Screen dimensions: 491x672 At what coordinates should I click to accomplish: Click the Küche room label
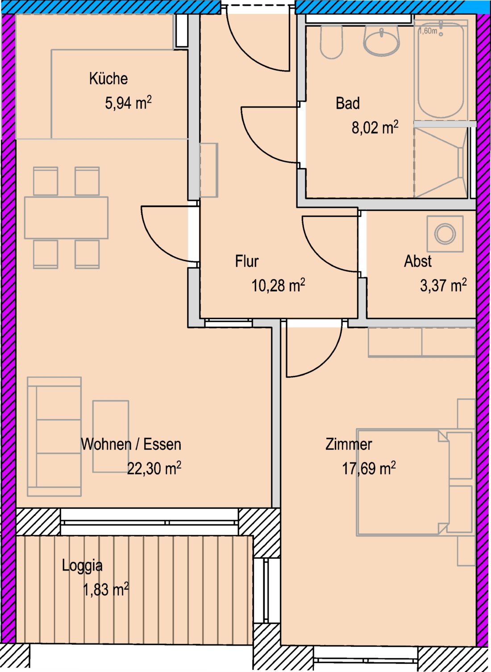[108, 79]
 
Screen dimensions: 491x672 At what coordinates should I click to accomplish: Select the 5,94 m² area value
[128, 103]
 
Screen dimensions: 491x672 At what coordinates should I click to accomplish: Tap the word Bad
[348, 103]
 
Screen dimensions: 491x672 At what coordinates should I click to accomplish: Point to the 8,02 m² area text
[375, 128]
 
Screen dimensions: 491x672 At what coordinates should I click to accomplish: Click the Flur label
[247, 261]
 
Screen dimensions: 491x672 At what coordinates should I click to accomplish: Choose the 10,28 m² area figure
[278, 285]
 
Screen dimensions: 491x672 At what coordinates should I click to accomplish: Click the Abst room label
[418, 261]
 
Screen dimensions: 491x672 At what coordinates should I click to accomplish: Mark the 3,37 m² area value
[443, 285]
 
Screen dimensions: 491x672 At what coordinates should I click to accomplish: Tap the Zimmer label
[349, 444]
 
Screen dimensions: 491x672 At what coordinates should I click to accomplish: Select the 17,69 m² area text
[369, 469]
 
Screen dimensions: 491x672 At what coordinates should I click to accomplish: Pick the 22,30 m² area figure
[154, 469]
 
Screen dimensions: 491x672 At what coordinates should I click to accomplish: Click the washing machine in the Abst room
[445, 234]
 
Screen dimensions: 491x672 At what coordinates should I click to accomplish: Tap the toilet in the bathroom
[331, 42]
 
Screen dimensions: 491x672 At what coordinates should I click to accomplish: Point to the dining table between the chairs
[66, 217]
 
